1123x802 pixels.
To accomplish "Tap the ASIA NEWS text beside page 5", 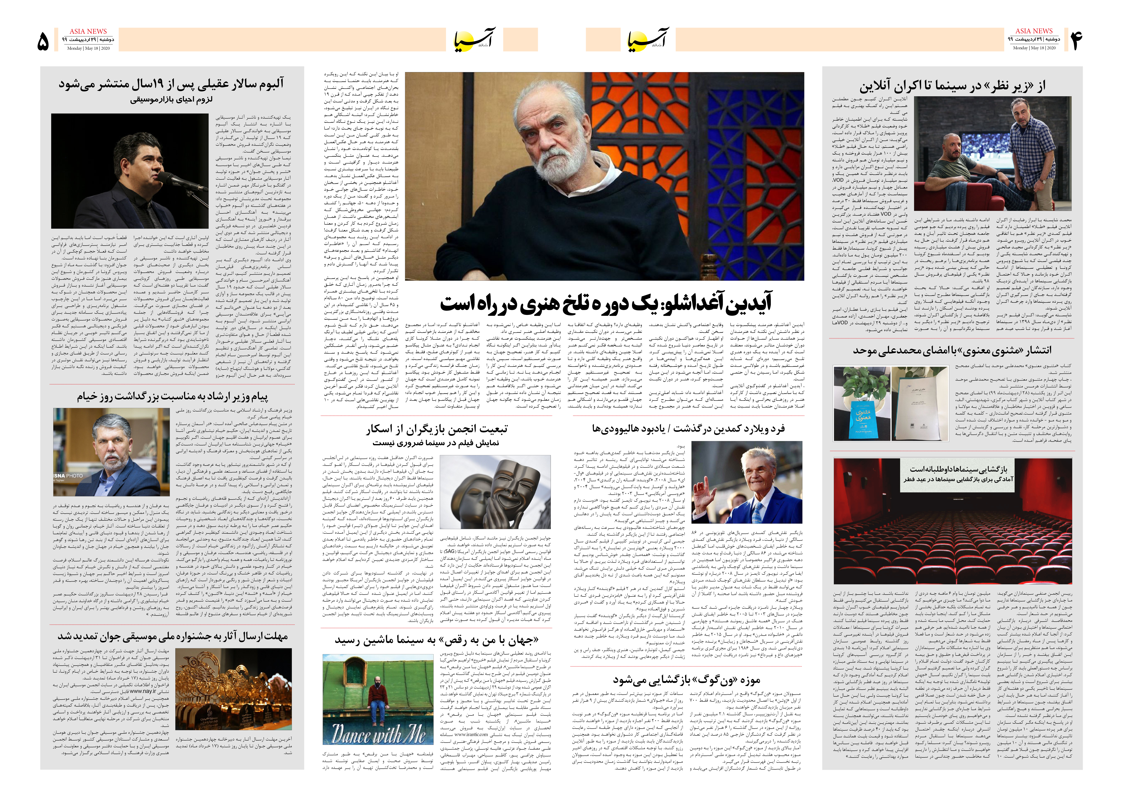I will point(88,31).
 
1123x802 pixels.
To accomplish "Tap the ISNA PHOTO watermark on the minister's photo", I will point(69,476).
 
